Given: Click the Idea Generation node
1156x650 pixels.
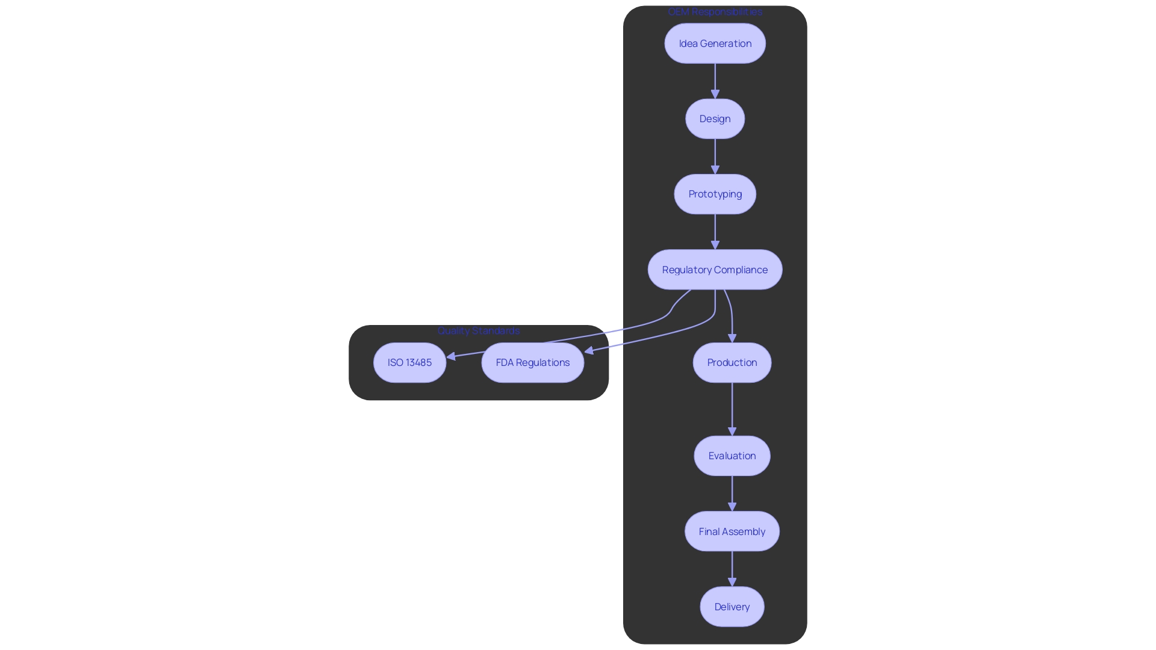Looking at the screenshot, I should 715,43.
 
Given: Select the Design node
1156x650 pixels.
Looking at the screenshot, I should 715,119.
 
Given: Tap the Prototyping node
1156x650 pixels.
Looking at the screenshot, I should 715,194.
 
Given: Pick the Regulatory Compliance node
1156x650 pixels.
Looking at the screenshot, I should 715,270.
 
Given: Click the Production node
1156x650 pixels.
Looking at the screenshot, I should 732,362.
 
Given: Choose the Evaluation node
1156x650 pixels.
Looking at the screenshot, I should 732,456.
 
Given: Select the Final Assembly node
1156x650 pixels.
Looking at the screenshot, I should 732,531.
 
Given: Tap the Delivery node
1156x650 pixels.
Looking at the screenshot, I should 732,607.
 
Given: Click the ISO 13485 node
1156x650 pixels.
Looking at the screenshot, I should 409,362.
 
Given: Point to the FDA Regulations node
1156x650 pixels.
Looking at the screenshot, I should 532,362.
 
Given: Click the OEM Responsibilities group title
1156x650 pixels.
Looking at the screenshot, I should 715,11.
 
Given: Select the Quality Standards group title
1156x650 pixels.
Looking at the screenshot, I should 478,330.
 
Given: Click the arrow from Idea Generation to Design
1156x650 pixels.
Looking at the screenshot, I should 715,81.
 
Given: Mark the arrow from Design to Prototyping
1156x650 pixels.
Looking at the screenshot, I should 715,156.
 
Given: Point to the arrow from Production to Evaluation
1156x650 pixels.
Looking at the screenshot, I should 732,409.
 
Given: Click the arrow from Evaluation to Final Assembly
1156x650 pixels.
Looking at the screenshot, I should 732,493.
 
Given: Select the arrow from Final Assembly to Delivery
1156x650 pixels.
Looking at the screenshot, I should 732,568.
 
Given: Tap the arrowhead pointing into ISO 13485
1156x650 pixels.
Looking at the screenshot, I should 451,356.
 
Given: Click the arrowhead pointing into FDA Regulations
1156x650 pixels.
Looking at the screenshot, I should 589,350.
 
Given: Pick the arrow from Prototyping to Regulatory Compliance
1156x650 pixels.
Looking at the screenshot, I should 715,232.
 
